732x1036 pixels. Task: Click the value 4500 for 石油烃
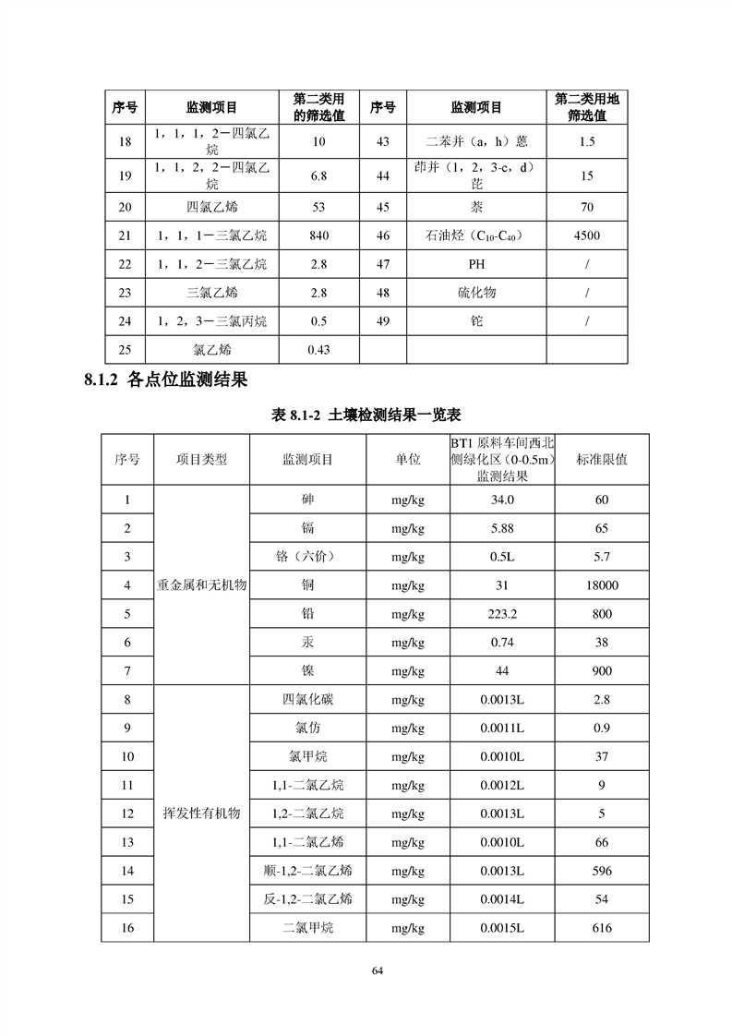[586, 235]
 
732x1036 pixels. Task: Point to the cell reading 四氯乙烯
[210, 207]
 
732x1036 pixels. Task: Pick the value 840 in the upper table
[319, 235]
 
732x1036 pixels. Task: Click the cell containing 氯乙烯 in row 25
[210, 350]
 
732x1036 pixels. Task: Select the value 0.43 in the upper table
[319, 350]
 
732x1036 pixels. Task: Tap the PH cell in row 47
[476, 264]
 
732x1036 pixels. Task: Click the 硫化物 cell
[476, 293]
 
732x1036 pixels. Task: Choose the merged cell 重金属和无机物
[202, 585]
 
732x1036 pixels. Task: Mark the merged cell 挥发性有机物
[202, 813]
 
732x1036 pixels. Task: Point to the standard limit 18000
[602, 585]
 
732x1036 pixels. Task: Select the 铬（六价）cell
[307, 557]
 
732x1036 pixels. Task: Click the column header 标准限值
[602, 460]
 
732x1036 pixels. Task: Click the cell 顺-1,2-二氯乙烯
[307, 871]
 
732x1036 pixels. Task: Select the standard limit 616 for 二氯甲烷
[602, 928]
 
